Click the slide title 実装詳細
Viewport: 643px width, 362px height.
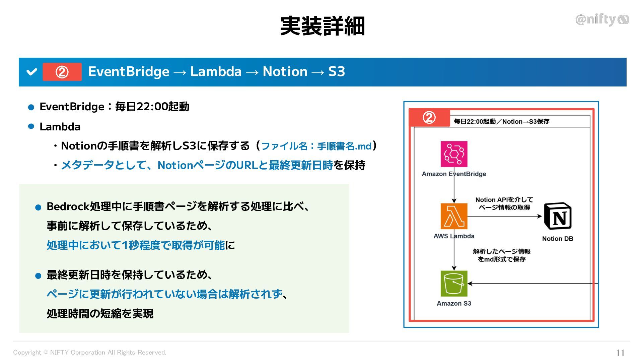coord(322,26)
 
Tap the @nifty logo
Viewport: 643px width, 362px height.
coord(602,19)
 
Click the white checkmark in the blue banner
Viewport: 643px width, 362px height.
coord(32,72)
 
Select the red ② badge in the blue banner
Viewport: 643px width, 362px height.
coord(62,72)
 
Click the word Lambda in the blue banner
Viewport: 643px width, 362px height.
coord(216,72)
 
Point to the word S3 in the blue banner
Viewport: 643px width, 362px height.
coord(336,72)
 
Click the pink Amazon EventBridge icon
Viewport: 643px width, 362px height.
coord(454,154)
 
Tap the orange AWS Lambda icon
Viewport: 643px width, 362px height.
coord(454,216)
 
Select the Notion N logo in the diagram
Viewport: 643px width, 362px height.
coord(558,216)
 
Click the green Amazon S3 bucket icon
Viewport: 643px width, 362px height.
coord(454,284)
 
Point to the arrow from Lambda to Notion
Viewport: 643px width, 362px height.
coord(504,216)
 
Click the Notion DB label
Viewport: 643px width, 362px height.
coord(558,239)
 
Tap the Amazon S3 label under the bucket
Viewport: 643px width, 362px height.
coord(454,303)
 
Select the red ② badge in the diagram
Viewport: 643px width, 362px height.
coord(429,118)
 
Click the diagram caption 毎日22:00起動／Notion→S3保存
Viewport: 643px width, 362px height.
coord(501,121)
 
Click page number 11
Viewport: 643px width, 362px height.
coord(620,353)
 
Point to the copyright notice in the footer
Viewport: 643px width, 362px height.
coord(89,352)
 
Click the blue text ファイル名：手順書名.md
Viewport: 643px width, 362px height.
coord(316,146)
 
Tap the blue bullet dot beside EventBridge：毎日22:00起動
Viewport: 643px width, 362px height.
coord(31,107)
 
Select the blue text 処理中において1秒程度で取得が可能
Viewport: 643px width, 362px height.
coord(136,245)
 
